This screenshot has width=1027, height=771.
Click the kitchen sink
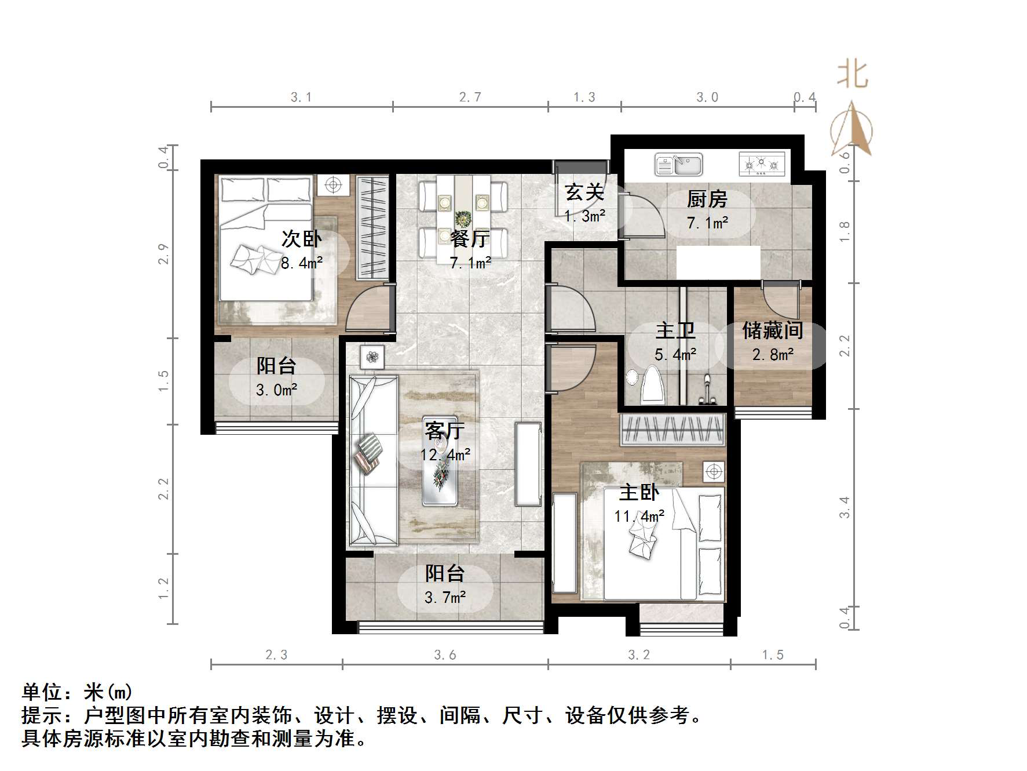click(678, 164)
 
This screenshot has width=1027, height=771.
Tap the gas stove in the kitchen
click(761, 164)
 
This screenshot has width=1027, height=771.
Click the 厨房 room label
click(707, 199)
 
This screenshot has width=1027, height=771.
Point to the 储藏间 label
click(773, 331)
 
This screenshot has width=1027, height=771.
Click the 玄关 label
click(584, 192)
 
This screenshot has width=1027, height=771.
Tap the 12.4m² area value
click(445, 455)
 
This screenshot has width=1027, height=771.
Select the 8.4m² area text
click(301, 263)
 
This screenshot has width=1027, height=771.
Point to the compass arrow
click(851, 129)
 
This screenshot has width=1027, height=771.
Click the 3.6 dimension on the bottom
click(445, 655)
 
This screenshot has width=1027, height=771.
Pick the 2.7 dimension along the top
click(470, 97)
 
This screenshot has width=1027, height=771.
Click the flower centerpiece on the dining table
click(463, 220)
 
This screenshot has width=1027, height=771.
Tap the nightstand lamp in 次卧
click(332, 185)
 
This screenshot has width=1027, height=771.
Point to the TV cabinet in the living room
click(528, 464)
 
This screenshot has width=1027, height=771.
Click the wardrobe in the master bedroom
click(673, 430)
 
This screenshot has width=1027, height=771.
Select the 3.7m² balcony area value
click(445, 597)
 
